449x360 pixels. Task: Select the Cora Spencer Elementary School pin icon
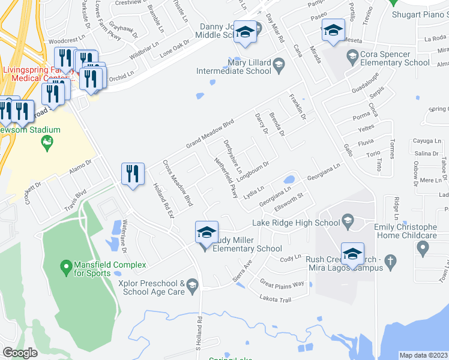pos(352,58)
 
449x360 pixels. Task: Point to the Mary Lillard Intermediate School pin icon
pos(279,63)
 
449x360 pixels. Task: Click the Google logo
pos(20,352)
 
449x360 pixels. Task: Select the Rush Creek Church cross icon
pos(390,260)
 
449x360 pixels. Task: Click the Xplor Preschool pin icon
pos(192,283)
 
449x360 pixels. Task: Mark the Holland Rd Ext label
pos(163,200)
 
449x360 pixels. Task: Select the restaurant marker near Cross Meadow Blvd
pos(133,174)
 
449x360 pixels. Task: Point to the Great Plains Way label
pos(282,283)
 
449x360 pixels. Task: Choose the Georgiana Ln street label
pos(280,199)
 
